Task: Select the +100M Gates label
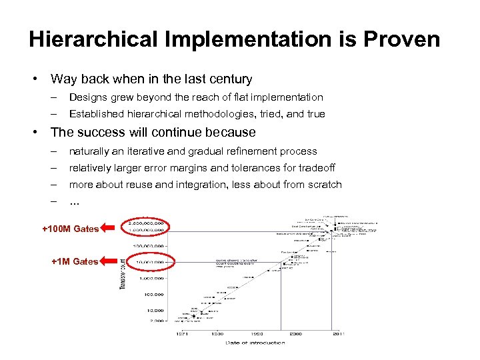tap(70, 229)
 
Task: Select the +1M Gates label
tap(75, 261)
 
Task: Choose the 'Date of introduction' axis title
tap(255, 343)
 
